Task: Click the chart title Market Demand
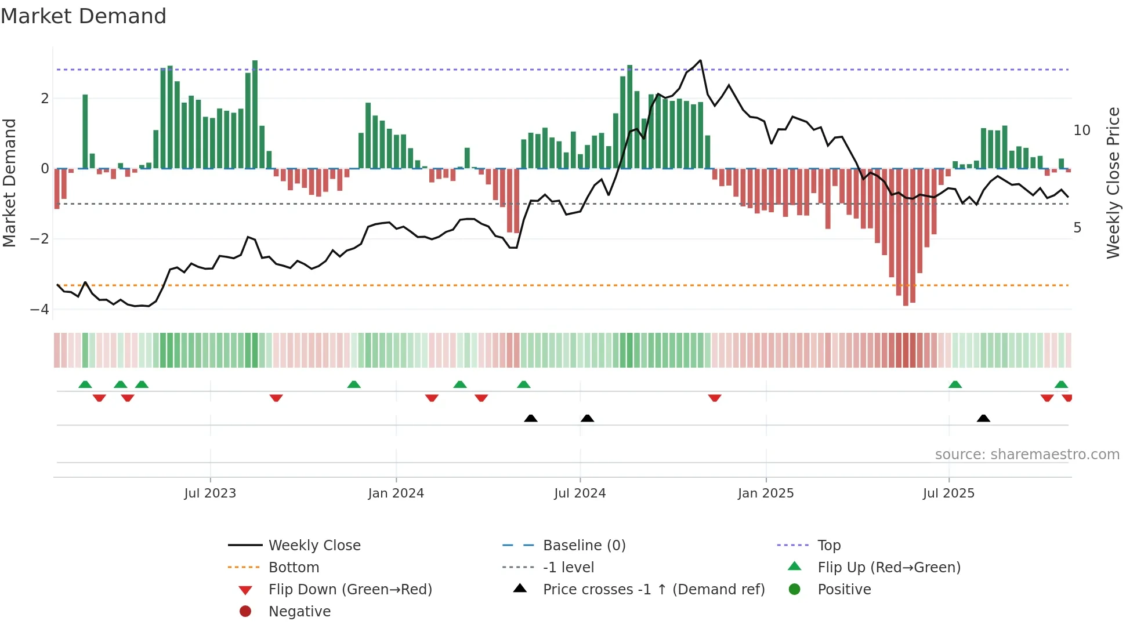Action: pyautogui.click(x=84, y=16)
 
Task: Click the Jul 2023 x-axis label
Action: pyautogui.click(x=210, y=493)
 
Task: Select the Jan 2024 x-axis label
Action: pyautogui.click(x=396, y=493)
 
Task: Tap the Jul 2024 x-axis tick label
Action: pyautogui.click(x=580, y=493)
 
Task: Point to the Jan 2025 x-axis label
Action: pyautogui.click(x=766, y=493)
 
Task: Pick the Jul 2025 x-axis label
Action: pyautogui.click(x=948, y=493)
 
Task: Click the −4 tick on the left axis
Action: pyautogui.click(x=39, y=309)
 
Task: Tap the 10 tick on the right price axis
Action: pyautogui.click(x=1081, y=130)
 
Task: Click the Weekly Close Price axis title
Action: pyautogui.click(x=1113, y=183)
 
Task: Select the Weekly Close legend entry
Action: pyautogui.click(x=314, y=546)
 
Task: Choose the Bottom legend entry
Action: pyautogui.click(x=294, y=568)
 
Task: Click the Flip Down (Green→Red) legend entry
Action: pyautogui.click(x=350, y=590)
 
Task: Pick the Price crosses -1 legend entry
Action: pyautogui.click(x=653, y=590)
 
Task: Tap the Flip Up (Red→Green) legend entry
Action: pyautogui.click(x=889, y=568)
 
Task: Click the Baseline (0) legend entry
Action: pyautogui.click(x=584, y=546)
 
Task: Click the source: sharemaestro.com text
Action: pyautogui.click(x=1027, y=455)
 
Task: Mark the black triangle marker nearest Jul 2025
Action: pyautogui.click(x=983, y=418)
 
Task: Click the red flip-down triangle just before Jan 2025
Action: pyautogui.click(x=715, y=398)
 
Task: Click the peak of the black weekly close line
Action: pyautogui.click(x=701, y=60)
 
